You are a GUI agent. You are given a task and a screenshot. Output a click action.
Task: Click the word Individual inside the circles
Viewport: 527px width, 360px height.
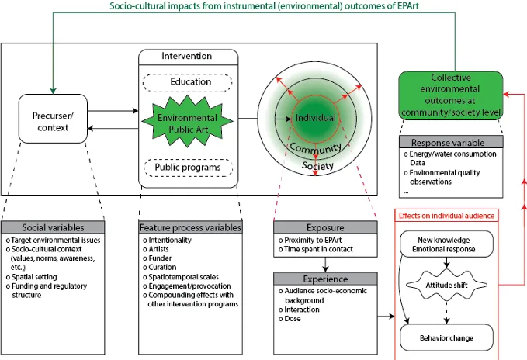pos(315,118)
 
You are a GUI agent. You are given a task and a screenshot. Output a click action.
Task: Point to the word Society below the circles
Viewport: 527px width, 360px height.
pos(318,166)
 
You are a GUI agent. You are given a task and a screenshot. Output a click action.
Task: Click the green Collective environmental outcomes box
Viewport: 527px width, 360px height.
pos(450,96)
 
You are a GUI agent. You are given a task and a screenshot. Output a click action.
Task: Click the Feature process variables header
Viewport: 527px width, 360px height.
pos(191,228)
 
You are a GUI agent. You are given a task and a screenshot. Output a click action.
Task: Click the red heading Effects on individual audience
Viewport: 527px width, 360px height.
pos(447,216)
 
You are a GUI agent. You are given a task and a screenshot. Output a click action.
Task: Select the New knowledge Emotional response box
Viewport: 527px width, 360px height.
pos(446,246)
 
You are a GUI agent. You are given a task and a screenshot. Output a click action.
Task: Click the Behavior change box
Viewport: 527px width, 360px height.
pos(446,338)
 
